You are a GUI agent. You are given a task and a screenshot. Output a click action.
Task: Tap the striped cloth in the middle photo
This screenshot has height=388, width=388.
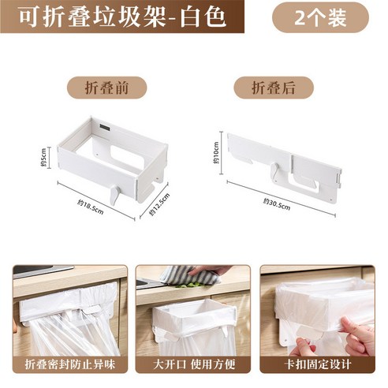click(x=189, y=275)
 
